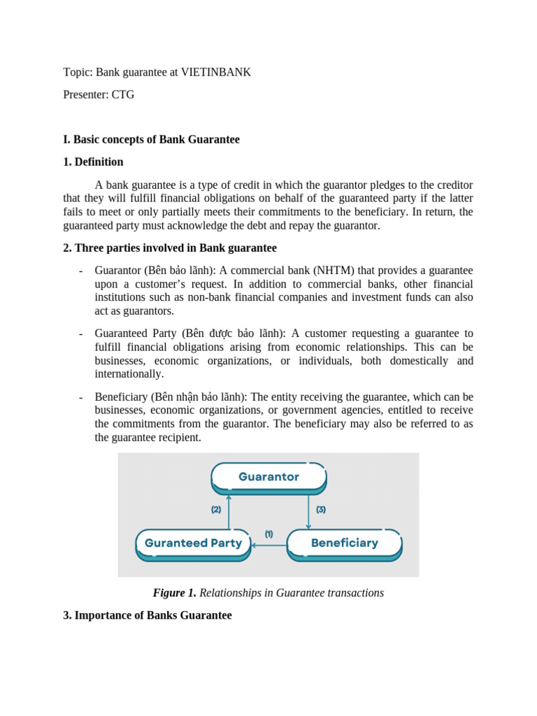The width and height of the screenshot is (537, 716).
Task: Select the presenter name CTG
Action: point(122,94)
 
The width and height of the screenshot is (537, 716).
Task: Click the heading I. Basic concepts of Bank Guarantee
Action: point(151,139)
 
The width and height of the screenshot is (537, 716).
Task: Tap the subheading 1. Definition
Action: point(93,162)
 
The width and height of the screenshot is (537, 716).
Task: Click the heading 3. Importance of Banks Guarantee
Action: point(147,615)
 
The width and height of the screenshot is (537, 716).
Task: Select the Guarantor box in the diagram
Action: point(268,477)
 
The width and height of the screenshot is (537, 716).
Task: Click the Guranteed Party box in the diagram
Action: point(193,543)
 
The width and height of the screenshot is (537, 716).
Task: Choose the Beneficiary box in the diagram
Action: point(344,543)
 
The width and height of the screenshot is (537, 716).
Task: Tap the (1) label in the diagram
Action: point(268,534)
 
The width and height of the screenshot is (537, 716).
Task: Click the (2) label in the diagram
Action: point(216,510)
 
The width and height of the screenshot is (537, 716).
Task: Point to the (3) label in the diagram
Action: point(321,510)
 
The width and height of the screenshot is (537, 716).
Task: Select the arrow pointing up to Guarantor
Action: point(229,510)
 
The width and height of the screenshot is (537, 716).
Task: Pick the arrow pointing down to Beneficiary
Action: point(308,510)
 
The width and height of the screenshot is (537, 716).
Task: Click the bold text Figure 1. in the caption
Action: point(174,593)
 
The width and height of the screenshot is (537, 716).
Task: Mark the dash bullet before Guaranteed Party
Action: point(82,334)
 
